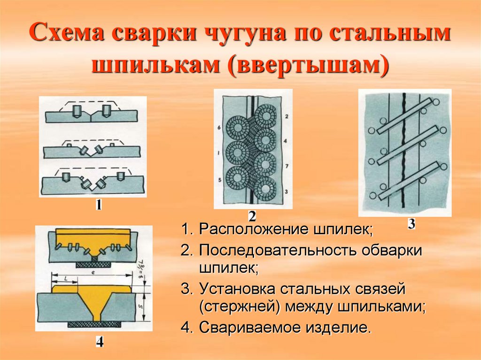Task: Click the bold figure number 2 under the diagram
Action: (x=252, y=216)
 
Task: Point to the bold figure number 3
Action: (x=411, y=224)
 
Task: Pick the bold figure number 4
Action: (x=100, y=342)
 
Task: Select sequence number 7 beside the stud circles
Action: (x=286, y=167)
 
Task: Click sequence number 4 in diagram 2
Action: (x=286, y=141)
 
